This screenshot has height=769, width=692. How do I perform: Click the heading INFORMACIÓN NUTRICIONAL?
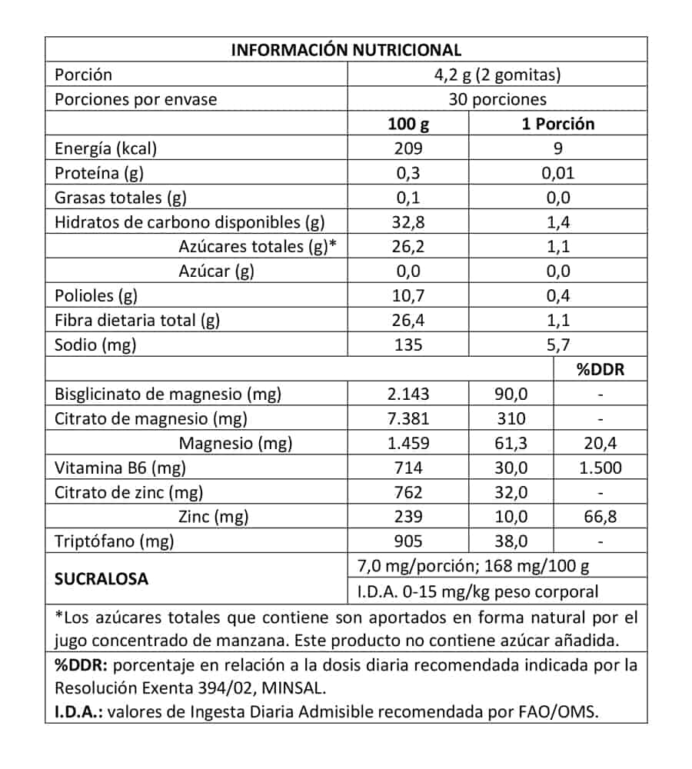tap(346, 50)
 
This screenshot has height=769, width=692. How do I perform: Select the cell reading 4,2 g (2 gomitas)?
tap(497, 75)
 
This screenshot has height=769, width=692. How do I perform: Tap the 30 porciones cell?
tap(497, 99)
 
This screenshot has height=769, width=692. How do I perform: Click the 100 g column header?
tap(409, 124)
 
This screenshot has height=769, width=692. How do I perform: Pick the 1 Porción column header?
tap(557, 124)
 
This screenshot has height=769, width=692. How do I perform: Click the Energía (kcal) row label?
tap(106, 148)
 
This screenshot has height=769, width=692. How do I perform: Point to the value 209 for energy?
tap(409, 148)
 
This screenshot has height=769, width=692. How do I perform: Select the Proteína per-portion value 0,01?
tap(557, 173)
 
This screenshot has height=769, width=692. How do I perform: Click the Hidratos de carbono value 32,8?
tap(409, 222)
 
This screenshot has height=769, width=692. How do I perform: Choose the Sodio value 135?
tap(409, 345)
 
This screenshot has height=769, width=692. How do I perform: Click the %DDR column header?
tap(601, 369)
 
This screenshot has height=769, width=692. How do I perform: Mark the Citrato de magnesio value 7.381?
tap(409, 418)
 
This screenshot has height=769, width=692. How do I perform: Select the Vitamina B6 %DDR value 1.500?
tap(601, 468)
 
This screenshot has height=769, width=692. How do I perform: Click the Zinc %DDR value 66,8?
tap(601, 517)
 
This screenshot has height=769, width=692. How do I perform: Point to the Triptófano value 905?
tap(409, 541)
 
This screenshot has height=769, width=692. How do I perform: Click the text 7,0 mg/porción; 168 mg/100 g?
tap(474, 567)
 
